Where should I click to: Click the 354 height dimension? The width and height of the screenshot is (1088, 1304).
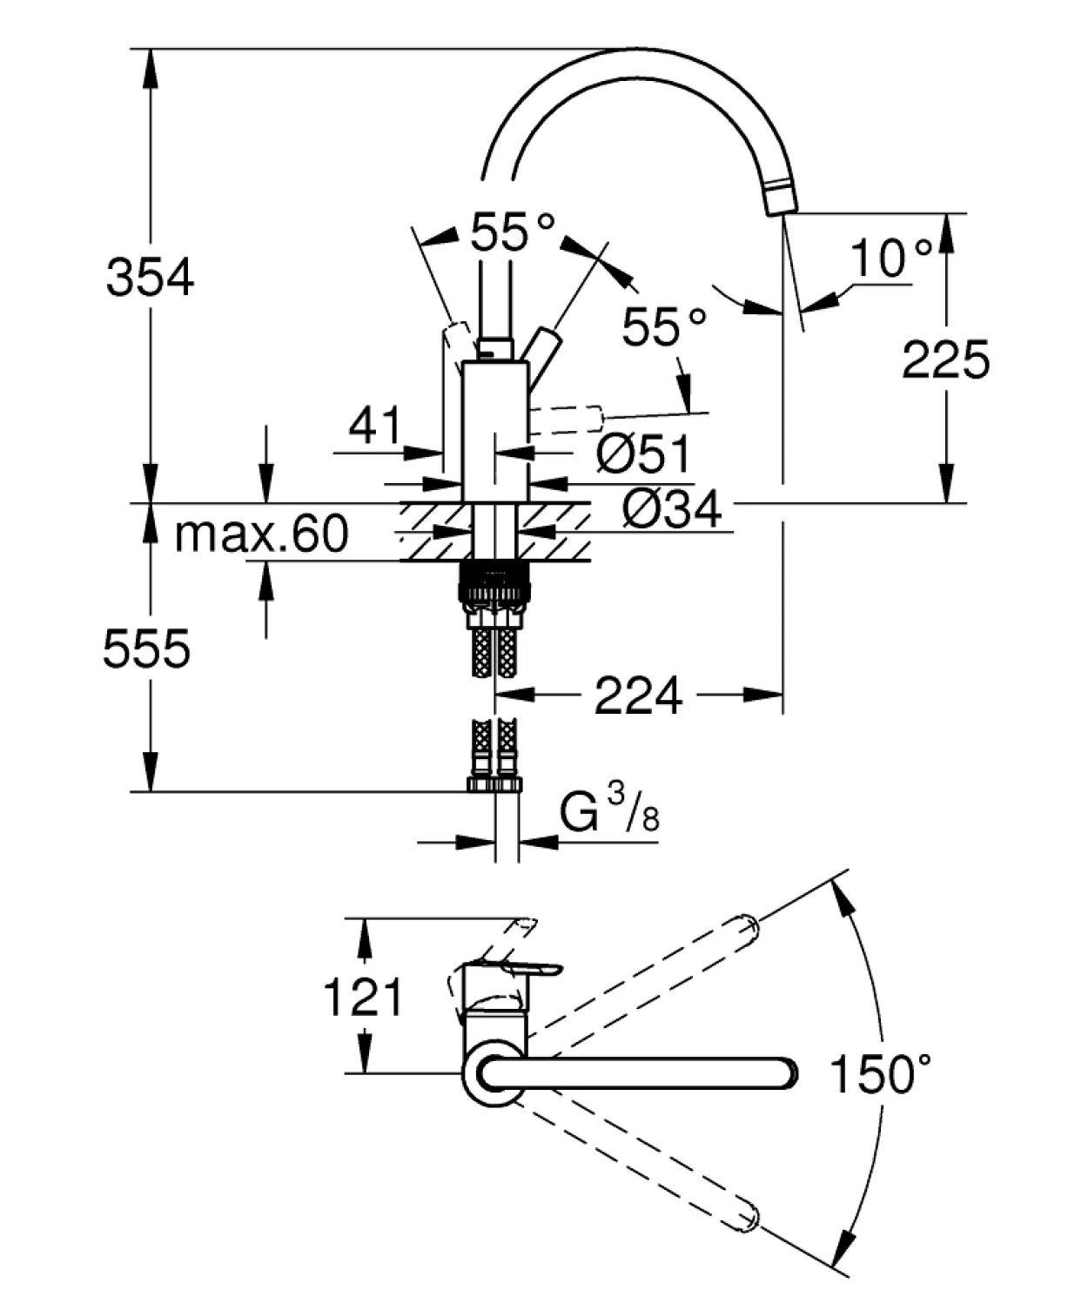(x=150, y=278)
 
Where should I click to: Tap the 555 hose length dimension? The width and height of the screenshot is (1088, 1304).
(x=147, y=649)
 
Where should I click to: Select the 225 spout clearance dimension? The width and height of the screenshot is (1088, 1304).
(x=945, y=360)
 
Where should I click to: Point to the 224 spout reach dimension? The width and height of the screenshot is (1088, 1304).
(x=638, y=696)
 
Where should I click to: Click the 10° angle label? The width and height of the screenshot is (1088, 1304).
(x=891, y=258)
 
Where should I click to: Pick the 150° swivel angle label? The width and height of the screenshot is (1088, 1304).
(x=880, y=1074)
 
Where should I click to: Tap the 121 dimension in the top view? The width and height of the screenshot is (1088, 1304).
(x=363, y=997)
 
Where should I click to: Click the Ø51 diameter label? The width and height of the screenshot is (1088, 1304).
(x=643, y=454)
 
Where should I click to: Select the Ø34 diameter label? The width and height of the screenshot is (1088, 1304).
(x=672, y=508)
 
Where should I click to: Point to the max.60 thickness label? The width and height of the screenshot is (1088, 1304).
(x=262, y=534)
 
